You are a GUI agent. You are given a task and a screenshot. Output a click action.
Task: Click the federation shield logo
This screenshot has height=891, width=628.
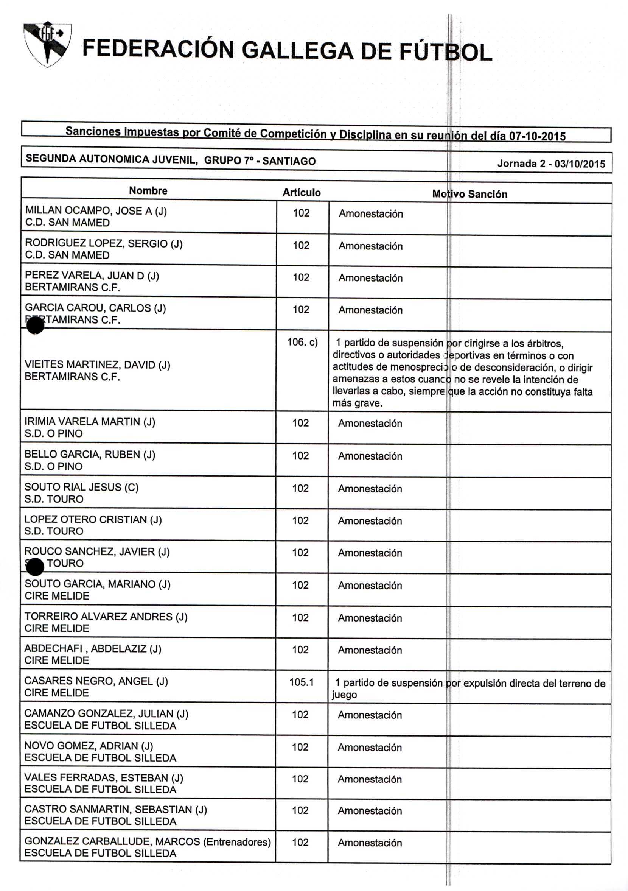pos(47,44)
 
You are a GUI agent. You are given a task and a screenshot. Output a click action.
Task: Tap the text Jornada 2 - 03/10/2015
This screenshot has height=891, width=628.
pos(551,164)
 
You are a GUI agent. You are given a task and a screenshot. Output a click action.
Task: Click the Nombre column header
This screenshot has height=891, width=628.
pos(148,190)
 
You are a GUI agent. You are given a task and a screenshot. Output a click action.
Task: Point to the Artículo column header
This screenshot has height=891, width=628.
pos(302,193)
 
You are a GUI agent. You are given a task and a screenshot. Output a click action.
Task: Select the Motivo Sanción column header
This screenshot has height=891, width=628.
pos(469,194)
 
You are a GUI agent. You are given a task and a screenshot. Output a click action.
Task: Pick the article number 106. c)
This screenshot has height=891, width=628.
pos(302,342)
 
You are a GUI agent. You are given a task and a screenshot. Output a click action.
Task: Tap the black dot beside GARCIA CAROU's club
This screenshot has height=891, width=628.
pos(35,325)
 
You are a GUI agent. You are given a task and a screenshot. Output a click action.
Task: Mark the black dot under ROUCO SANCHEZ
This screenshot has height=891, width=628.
pos(35,567)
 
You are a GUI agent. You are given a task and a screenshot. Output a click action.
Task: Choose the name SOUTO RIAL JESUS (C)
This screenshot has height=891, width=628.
pos(81,487)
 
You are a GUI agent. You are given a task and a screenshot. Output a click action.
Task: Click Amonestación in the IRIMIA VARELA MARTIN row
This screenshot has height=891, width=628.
pos(370,424)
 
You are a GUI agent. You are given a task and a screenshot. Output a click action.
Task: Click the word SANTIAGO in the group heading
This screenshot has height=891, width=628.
pos(289,161)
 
